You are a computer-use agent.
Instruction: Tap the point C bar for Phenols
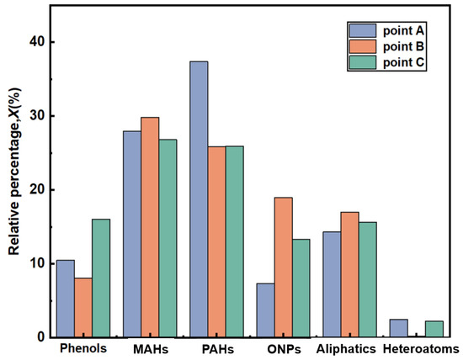(x=101, y=278)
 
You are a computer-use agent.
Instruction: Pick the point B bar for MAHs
(x=150, y=227)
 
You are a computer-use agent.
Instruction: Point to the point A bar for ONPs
(x=265, y=310)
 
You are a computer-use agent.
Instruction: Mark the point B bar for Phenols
(x=83, y=308)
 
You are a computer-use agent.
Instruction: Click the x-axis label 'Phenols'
(x=83, y=348)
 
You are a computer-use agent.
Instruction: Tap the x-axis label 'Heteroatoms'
(x=420, y=348)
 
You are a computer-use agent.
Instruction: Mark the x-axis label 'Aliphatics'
(x=347, y=348)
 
